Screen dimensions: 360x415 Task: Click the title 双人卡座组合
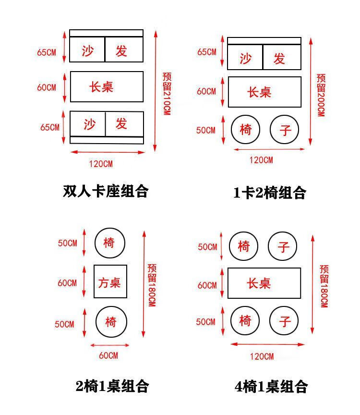106,191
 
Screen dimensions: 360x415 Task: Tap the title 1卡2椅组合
269,193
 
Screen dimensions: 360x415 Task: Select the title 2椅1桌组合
112,386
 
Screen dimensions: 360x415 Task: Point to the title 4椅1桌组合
271,386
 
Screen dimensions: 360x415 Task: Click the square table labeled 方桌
110,281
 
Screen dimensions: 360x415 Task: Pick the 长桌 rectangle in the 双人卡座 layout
107,86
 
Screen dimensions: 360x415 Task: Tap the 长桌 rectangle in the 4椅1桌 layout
264,283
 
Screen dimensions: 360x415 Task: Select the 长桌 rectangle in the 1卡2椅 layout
264,92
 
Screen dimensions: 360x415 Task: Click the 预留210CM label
167,93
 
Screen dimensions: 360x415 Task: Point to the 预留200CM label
321,94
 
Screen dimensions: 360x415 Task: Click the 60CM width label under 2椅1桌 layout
108,355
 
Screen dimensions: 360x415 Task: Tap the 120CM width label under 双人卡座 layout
101,164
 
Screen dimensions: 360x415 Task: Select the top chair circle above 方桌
109,243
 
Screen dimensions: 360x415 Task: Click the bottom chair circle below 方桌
111,321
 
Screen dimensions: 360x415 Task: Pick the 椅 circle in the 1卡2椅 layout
245,129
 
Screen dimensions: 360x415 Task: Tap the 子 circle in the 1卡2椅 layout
285,130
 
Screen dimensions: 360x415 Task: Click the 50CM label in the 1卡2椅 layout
206,130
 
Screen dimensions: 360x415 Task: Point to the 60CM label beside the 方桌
67,283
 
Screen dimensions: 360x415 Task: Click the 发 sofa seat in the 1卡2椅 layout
282,59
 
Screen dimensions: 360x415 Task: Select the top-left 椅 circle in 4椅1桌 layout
244,246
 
